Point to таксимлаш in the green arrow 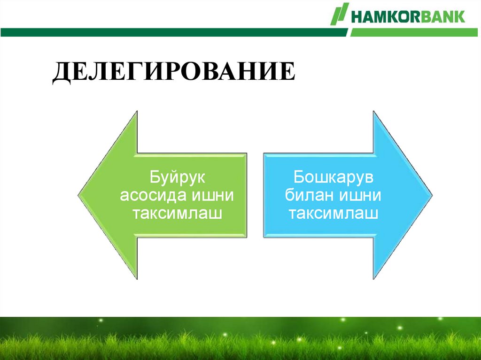pos(177,214)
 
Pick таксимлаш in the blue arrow pos(334,214)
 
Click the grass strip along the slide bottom pos(240,340)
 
